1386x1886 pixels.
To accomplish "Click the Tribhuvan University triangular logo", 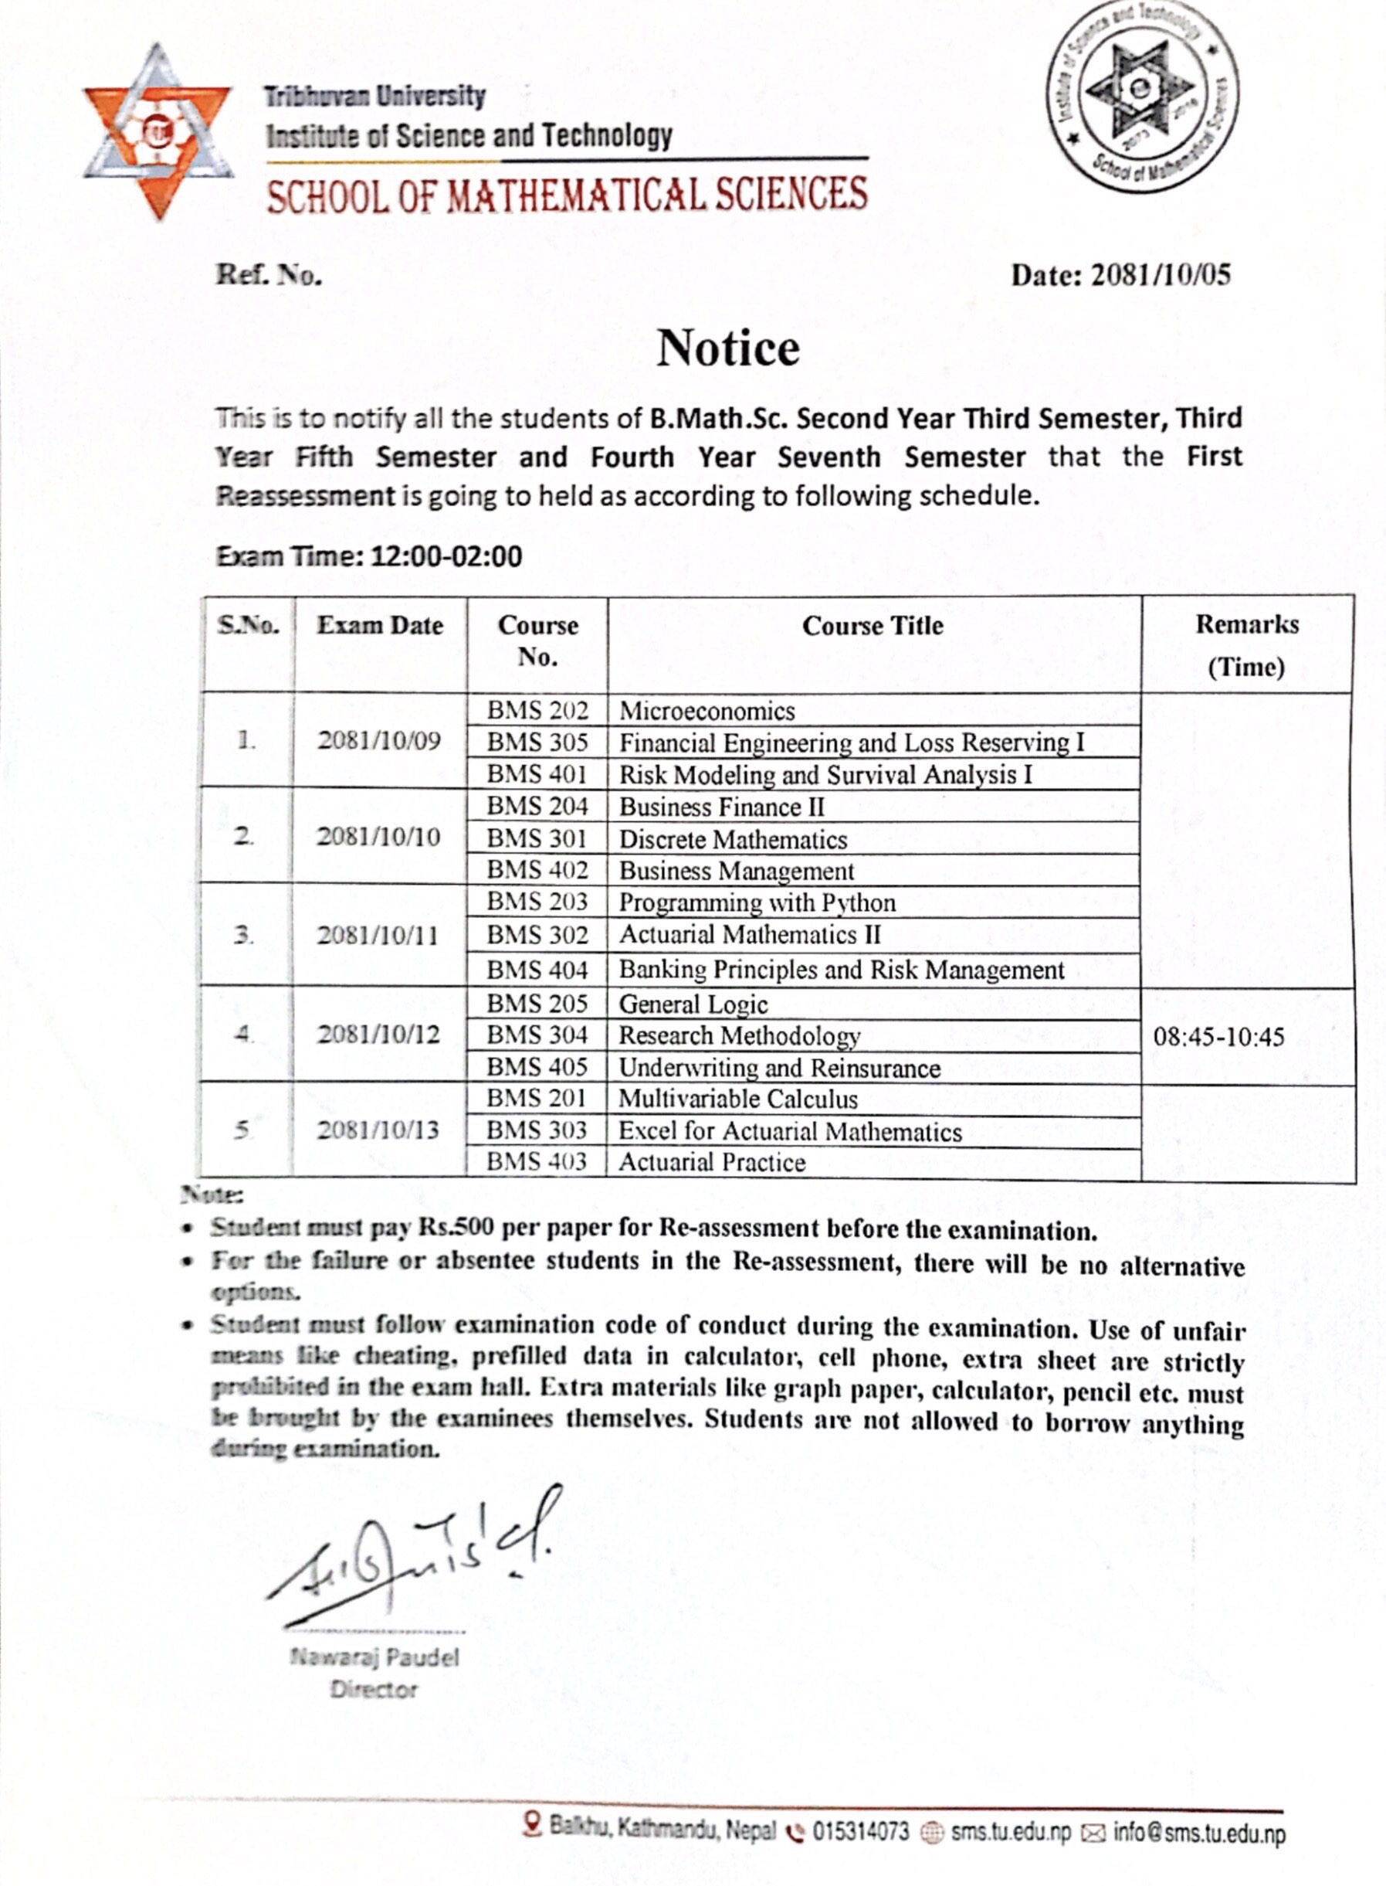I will pos(157,133).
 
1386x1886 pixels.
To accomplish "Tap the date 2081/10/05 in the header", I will pos(1160,275).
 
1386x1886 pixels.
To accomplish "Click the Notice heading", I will pos(727,348).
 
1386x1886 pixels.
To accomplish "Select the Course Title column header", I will pos(873,626).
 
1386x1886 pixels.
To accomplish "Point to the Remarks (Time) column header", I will pos(1247,644).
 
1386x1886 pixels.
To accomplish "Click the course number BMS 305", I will pos(537,743).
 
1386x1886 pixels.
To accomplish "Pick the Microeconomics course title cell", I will pos(707,712).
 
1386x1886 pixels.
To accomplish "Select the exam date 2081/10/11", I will pos(378,935).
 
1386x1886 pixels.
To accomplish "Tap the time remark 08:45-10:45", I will pos(1218,1037).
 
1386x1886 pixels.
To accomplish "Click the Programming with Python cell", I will pos(757,903).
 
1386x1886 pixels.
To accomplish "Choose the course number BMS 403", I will pos(536,1161).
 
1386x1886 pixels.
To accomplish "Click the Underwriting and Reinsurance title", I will pos(779,1068).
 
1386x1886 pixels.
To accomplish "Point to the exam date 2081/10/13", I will pos(378,1130).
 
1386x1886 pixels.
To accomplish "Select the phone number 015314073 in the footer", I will pos(860,1831).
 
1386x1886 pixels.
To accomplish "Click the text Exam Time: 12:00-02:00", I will pos(369,556).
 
